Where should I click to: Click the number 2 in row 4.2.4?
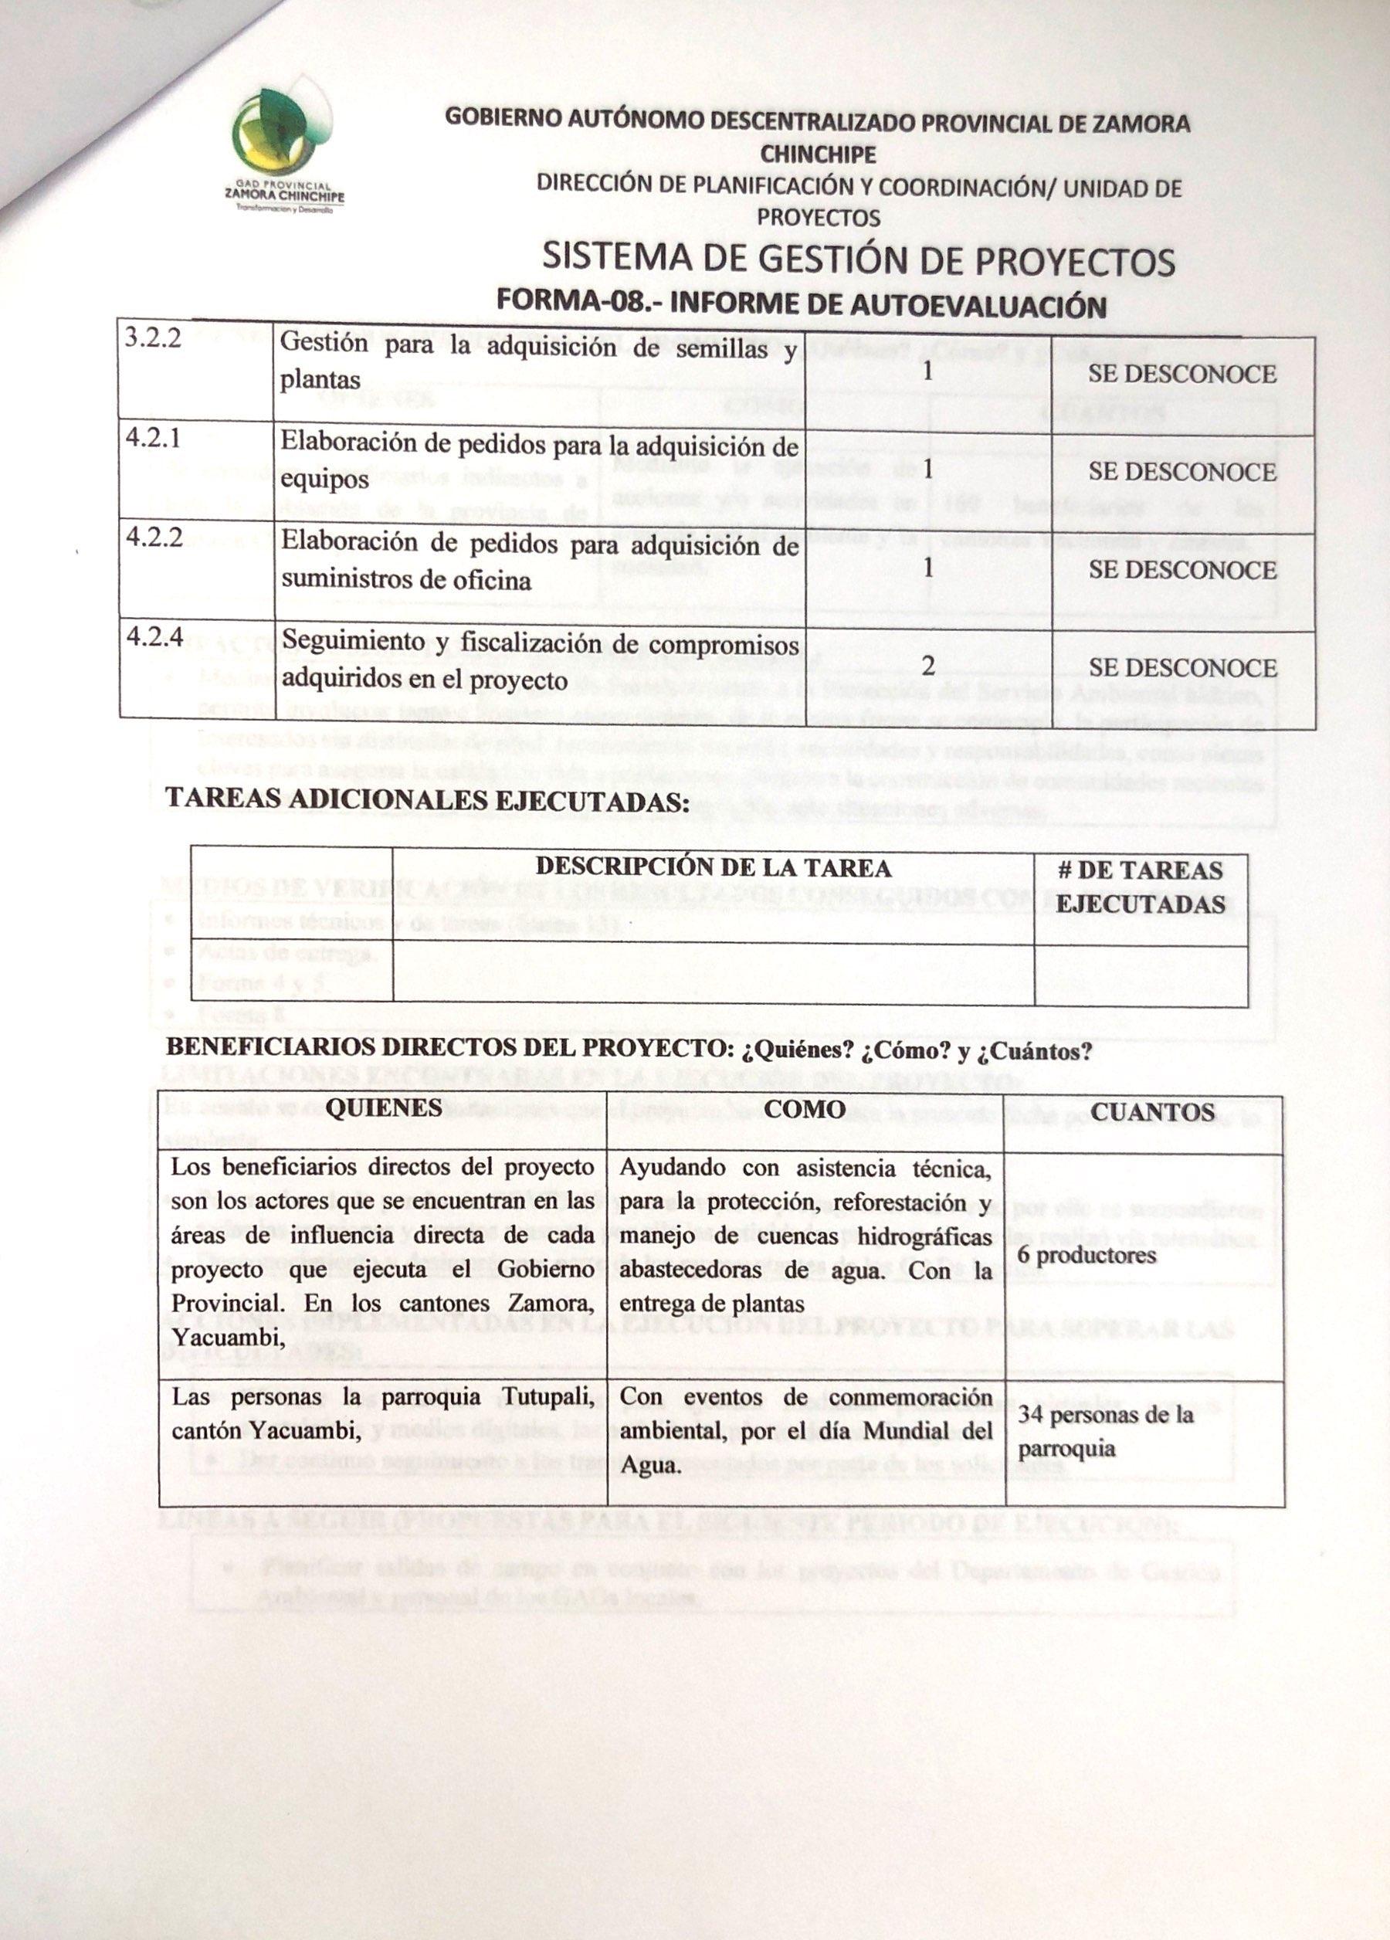pos(927,667)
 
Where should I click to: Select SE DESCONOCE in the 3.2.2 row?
pos(1181,374)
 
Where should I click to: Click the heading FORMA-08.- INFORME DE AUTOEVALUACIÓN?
pos(802,305)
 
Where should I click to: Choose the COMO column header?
pos(804,1110)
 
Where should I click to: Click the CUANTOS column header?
pos(1153,1111)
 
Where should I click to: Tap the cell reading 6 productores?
pos(1087,1256)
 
